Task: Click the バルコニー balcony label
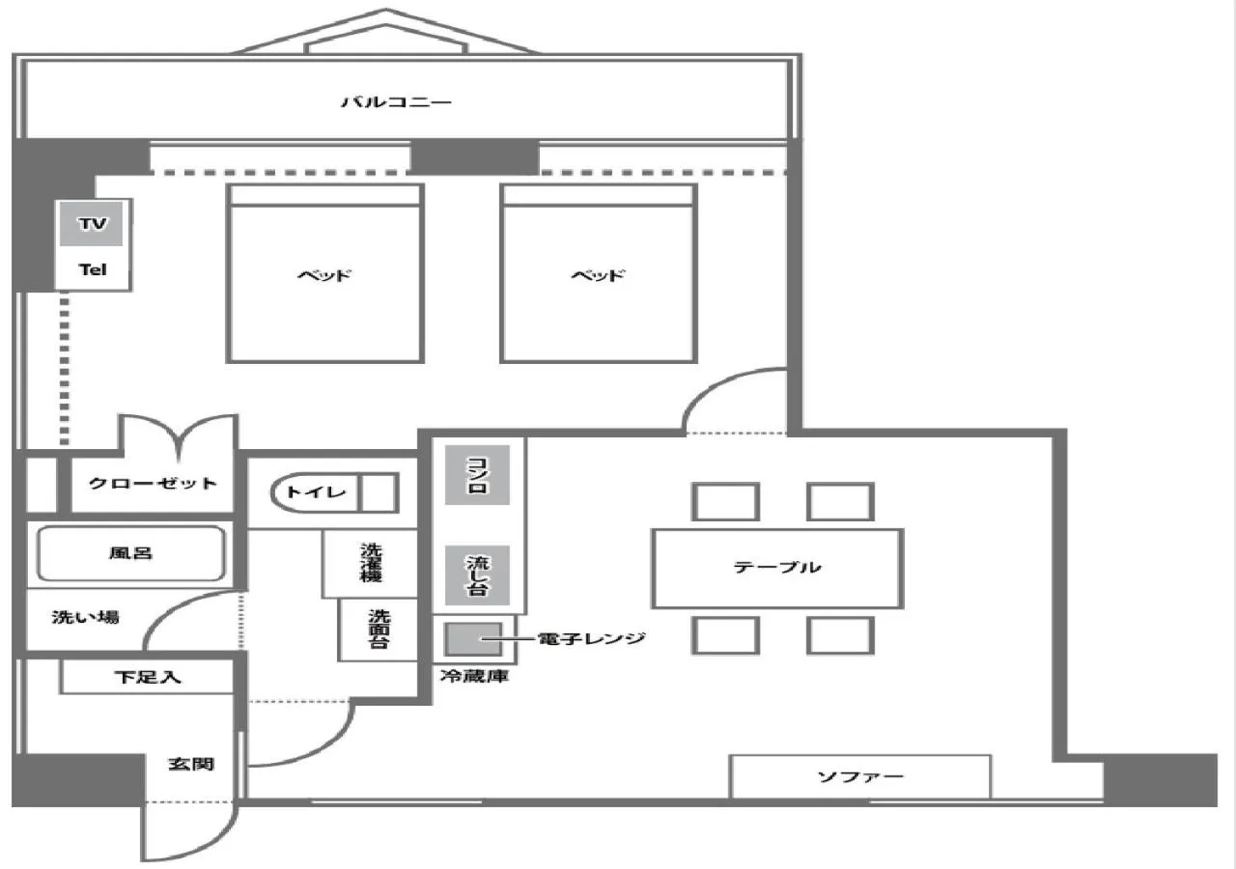pyautogui.click(x=396, y=101)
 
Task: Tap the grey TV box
pyautogui.click(x=93, y=224)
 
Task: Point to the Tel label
pyautogui.click(x=92, y=270)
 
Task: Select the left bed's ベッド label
pyautogui.click(x=324, y=275)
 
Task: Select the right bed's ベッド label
pyautogui.click(x=598, y=275)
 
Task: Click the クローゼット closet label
pyautogui.click(x=153, y=483)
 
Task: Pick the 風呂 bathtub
pyautogui.click(x=130, y=554)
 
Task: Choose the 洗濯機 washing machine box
pyautogui.click(x=371, y=562)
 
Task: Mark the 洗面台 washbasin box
pyautogui.click(x=379, y=629)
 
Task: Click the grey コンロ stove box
pyautogui.click(x=477, y=475)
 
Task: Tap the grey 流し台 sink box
pyautogui.click(x=477, y=575)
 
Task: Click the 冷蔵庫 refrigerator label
pyautogui.click(x=474, y=677)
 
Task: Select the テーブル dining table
pyautogui.click(x=777, y=568)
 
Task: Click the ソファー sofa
pyautogui.click(x=860, y=776)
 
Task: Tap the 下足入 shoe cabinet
pyautogui.click(x=148, y=678)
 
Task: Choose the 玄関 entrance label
pyautogui.click(x=190, y=764)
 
